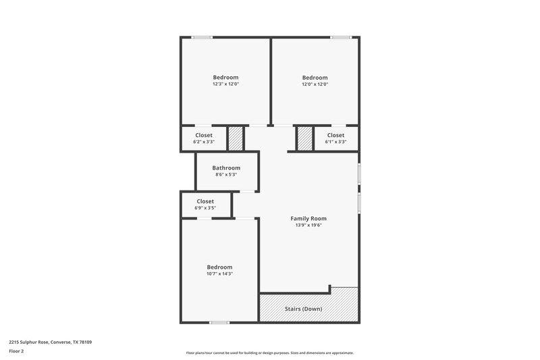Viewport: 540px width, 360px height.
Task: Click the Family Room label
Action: coord(308,218)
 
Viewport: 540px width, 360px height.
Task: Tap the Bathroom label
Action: coord(226,168)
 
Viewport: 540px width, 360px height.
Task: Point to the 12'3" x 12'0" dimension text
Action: coord(225,84)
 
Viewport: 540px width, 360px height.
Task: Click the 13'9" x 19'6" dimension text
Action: coord(308,226)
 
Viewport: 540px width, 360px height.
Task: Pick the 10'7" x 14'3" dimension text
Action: coord(219,274)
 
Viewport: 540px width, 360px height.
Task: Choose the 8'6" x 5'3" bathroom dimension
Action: coord(226,175)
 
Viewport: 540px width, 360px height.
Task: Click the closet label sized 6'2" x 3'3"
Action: coord(203,135)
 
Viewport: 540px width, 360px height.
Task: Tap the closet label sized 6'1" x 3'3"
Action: coord(335,135)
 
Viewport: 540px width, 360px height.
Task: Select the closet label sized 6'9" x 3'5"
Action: coord(205,201)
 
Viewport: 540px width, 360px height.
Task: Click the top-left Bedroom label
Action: coord(225,77)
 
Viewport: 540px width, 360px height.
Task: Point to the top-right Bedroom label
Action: coord(315,77)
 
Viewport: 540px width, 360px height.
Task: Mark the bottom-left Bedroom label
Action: coord(219,267)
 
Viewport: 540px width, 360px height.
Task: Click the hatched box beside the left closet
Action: coord(235,138)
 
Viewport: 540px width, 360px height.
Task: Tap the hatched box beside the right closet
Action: coord(305,138)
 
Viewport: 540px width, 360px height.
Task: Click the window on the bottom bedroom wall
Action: coord(219,323)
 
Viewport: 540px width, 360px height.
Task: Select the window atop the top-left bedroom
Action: coord(202,37)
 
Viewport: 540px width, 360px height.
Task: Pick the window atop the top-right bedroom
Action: coord(340,37)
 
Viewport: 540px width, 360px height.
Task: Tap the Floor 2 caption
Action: coord(16,351)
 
